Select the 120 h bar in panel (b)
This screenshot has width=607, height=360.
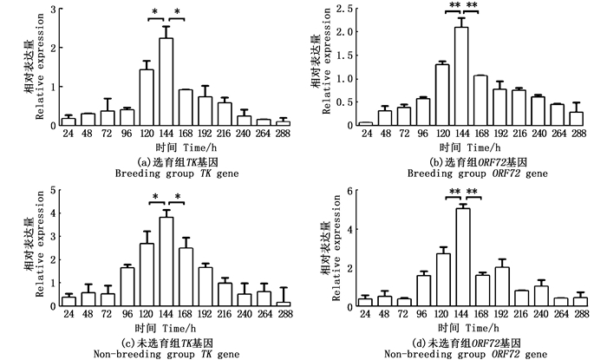click(442, 95)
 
